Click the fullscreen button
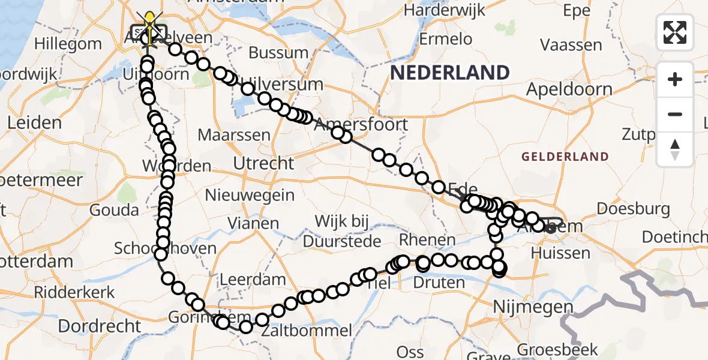pos(675,32)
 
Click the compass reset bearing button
pos(675,149)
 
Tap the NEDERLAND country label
pos(450,73)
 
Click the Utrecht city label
pos(264,163)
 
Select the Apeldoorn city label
pos(569,90)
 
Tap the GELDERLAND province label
pos(565,157)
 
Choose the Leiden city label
pos(34,123)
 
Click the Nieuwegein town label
pos(250,196)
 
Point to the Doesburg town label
pos(633,209)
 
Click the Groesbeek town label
pos(557,349)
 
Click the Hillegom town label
pos(68,44)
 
